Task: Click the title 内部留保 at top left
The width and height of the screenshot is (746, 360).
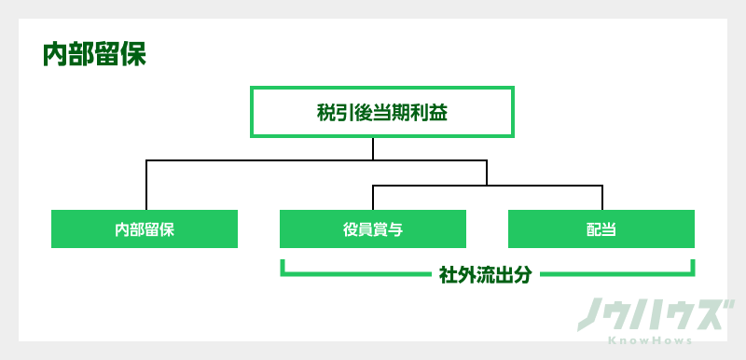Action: coord(94,54)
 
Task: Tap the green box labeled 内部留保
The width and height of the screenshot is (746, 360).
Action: coord(145,228)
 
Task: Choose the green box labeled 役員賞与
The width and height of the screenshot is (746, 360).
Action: coord(373,228)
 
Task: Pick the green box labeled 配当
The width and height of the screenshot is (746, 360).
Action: coord(601,228)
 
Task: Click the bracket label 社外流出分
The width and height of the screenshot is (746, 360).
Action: coord(485,275)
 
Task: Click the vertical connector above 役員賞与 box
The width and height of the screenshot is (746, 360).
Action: coord(373,197)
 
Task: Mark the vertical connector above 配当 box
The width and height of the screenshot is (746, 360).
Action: coord(602,197)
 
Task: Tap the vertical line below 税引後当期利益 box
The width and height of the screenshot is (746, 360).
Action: coord(373,149)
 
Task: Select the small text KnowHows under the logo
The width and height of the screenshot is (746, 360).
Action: coord(651,341)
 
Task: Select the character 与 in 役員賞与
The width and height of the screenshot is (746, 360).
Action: coord(395,228)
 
